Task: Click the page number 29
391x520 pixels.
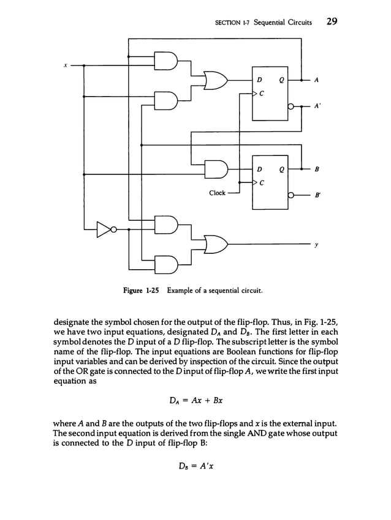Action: tap(332, 22)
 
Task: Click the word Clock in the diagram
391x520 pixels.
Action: tap(217, 193)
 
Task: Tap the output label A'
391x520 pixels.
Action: tap(317, 105)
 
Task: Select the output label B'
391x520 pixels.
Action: tap(317, 197)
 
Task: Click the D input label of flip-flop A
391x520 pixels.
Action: tap(259, 80)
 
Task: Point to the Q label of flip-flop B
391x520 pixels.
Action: tap(279, 168)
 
